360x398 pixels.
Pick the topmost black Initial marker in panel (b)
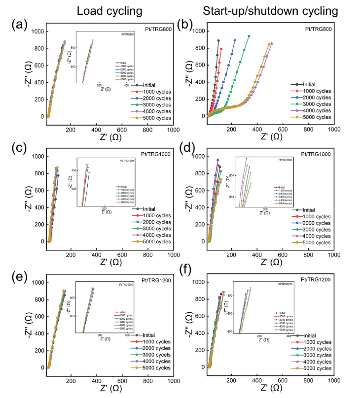[218, 41]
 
